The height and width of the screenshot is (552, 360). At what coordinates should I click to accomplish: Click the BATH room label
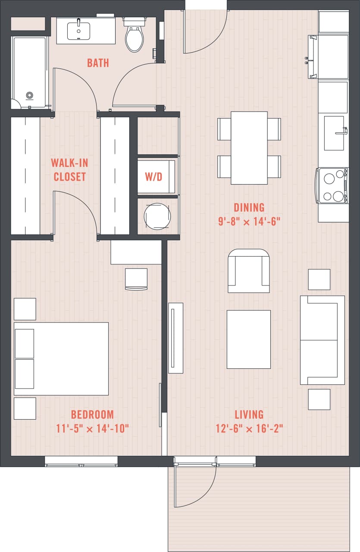[x=98, y=63]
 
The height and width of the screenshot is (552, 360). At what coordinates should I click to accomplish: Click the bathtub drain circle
[x=29, y=95]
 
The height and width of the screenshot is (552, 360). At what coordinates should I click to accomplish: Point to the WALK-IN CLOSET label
[x=69, y=170]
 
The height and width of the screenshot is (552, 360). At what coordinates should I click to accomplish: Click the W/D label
[x=153, y=176]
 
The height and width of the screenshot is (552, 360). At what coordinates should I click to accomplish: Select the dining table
[x=249, y=147]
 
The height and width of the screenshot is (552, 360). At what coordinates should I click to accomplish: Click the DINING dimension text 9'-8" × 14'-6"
[x=249, y=222]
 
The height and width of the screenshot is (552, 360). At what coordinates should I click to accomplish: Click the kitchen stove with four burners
[x=332, y=185]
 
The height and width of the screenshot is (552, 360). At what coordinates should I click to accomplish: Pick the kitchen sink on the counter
[x=334, y=133]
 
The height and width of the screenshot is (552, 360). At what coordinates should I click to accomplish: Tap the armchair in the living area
[x=249, y=271]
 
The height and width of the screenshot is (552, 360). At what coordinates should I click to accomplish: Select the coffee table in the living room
[x=249, y=339]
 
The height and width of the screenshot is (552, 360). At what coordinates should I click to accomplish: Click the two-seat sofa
[x=322, y=340]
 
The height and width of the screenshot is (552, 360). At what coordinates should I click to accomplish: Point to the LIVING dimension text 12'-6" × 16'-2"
[x=249, y=429]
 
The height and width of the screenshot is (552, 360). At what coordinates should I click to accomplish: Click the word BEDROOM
[x=92, y=414]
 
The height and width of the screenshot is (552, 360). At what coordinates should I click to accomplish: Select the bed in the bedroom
[x=61, y=358]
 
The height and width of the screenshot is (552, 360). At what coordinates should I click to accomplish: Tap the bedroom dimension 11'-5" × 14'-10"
[x=93, y=429]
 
